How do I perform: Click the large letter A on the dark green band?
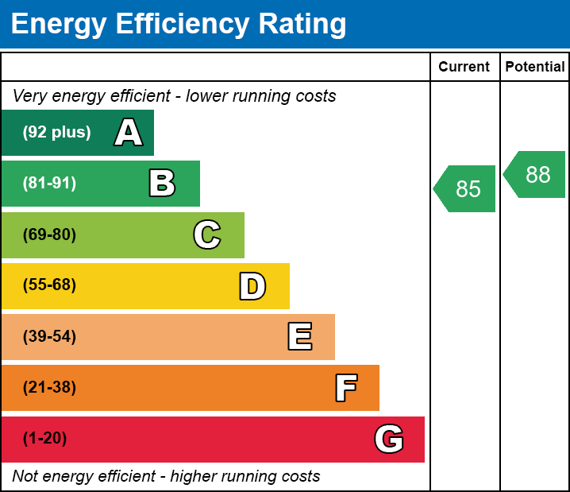click(x=129, y=133)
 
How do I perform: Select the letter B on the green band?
click(x=162, y=184)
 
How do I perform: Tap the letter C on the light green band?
click(x=207, y=234)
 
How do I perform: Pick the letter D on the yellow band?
click(x=252, y=286)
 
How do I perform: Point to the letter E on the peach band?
click(x=299, y=337)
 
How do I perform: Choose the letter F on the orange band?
click(x=345, y=388)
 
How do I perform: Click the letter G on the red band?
click(x=389, y=439)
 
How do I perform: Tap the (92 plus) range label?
click(x=56, y=133)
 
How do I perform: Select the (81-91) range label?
click(x=49, y=184)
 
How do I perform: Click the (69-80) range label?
click(x=49, y=234)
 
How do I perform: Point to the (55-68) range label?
click(x=49, y=285)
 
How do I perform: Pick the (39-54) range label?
click(x=49, y=337)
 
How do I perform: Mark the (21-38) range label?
click(x=49, y=388)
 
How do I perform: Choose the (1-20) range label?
click(x=45, y=439)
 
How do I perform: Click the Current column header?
click(x=464, y=67)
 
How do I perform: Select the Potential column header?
click(x=535, y=67)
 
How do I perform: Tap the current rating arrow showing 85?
click(x=467, y=189)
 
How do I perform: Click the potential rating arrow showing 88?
click(x=537, y=175)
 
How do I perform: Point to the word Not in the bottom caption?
click(x=25, y=476)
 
